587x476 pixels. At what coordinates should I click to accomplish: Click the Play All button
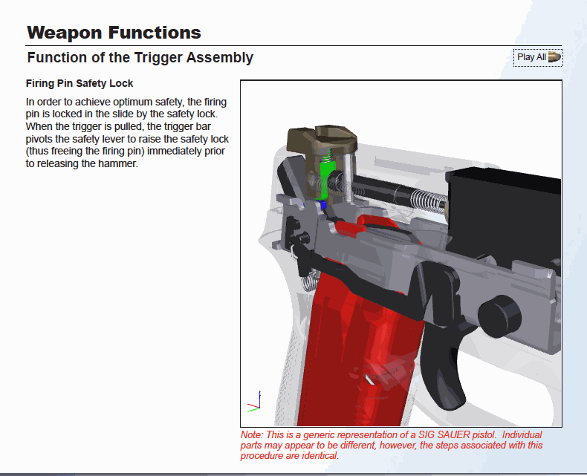(538, 58)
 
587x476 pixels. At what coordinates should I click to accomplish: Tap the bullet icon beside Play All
(554, 57)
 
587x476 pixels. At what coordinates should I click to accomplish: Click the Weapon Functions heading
(114, 33)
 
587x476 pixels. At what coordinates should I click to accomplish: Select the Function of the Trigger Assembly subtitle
(140, 58)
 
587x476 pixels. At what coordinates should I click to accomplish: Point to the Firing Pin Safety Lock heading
(80, 83)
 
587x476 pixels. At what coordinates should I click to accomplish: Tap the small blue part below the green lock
(322, 204)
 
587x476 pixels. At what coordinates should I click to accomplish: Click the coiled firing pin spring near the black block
(429, 200)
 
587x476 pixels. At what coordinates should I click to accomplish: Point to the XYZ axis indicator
(255, 402)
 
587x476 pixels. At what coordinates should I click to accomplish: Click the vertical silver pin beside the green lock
(348, 176)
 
